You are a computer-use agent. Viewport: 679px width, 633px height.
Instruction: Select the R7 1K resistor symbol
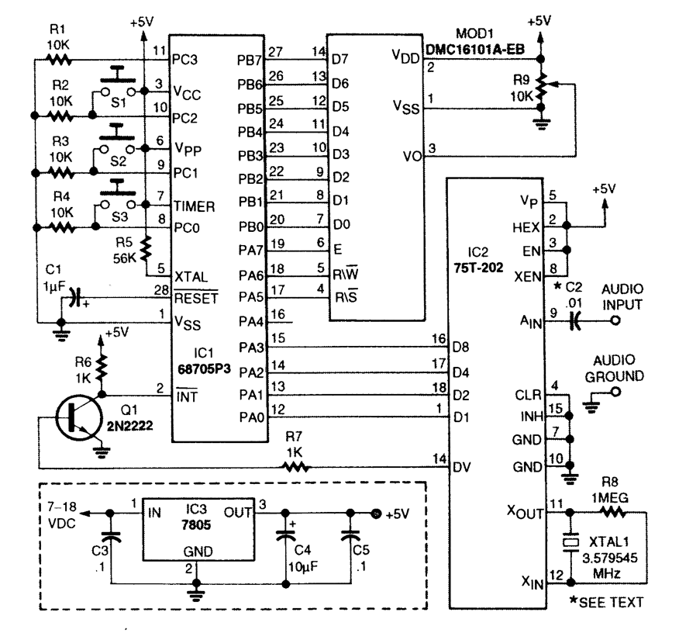[295, 467]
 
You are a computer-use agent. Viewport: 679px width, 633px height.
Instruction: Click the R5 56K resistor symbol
[146, 250]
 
